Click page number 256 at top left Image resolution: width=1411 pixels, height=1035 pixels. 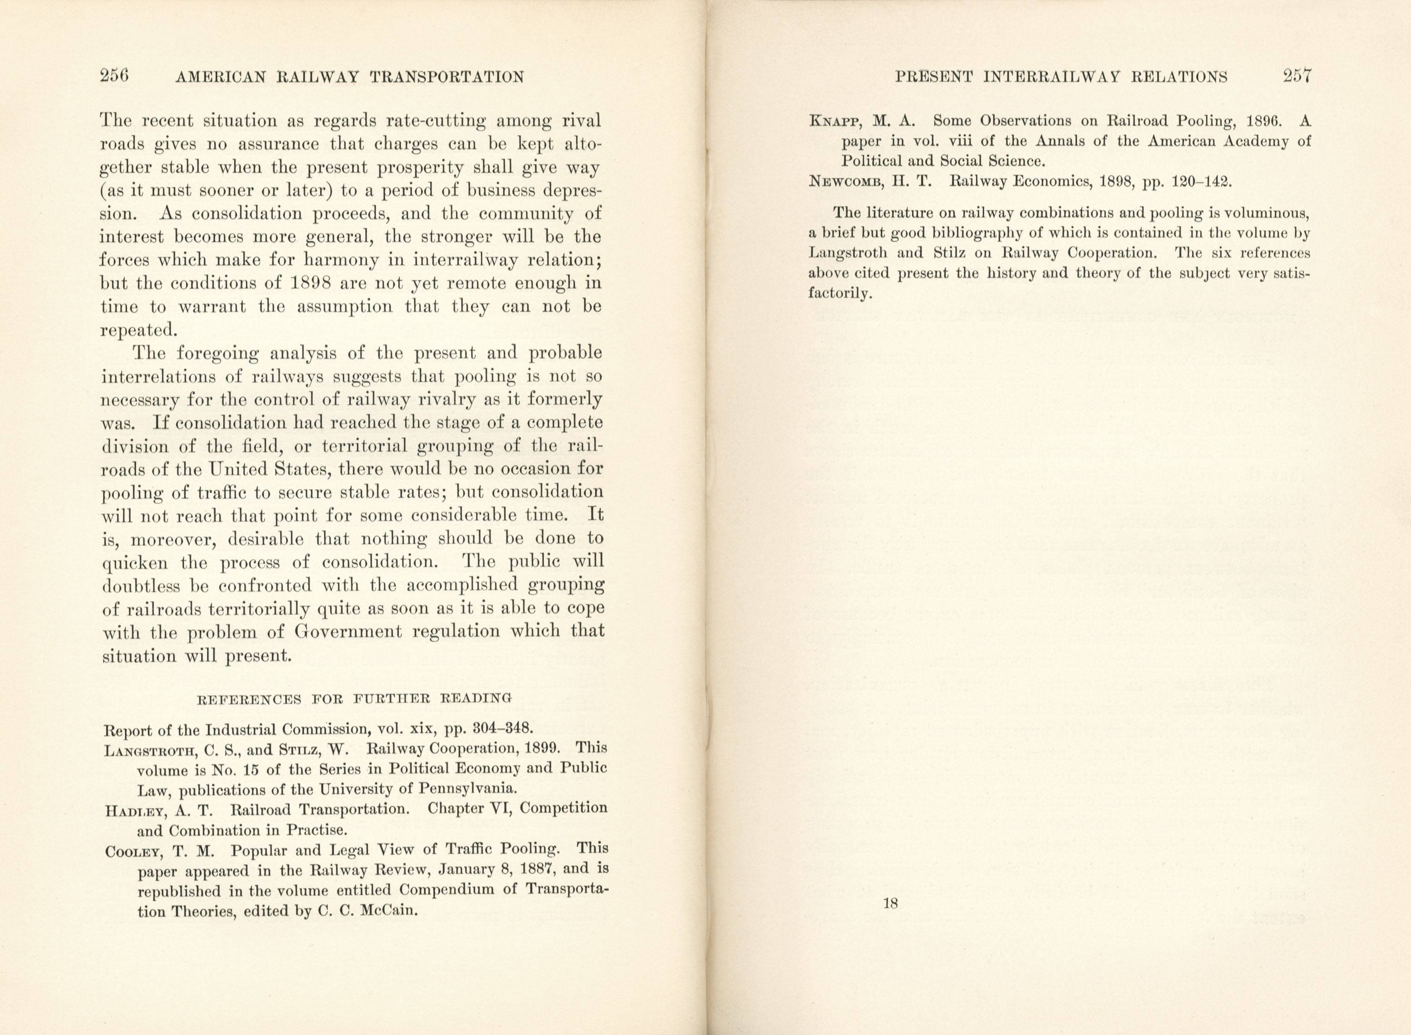[x=114, y=76]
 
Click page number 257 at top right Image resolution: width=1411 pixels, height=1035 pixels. [x=1297, y=76]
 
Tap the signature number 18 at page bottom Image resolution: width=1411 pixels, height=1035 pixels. [x=890, y=904]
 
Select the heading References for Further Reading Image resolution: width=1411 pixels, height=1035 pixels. [x=355, y=699]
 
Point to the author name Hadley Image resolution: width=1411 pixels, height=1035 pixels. [x=134, y=811]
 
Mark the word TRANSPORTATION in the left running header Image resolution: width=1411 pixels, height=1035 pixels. [x=447, y=78]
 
